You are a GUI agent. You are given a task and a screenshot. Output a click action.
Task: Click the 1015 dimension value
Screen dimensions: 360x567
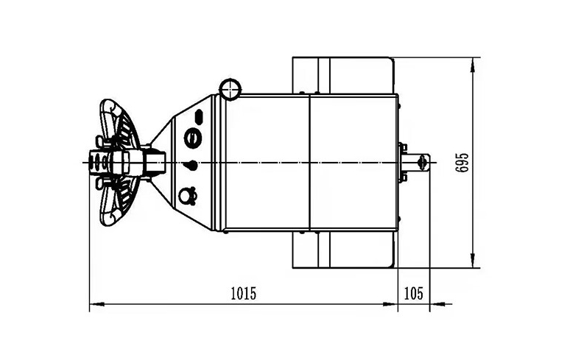point(242,293)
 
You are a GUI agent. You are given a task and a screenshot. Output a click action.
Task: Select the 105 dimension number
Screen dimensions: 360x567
point(414,293)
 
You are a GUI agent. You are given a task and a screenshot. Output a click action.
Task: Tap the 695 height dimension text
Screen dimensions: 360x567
point(462,162)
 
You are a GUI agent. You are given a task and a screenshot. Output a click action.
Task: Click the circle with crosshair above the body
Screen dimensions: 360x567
point(230,89)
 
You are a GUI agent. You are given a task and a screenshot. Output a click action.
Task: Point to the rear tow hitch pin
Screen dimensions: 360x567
point(421,162)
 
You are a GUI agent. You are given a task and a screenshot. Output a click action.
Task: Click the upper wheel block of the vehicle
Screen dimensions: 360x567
point(345,74)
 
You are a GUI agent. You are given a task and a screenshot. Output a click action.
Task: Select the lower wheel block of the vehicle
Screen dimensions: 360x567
point(345,250)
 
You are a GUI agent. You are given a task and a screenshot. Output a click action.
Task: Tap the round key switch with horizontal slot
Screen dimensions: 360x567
point(192,137)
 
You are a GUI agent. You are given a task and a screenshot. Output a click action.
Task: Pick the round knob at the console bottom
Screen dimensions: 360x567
point(189,195)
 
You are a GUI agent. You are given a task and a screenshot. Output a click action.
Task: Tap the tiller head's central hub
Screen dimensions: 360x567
point(118,162)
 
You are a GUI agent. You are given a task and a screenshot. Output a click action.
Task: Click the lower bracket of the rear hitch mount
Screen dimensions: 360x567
point(402,177)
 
